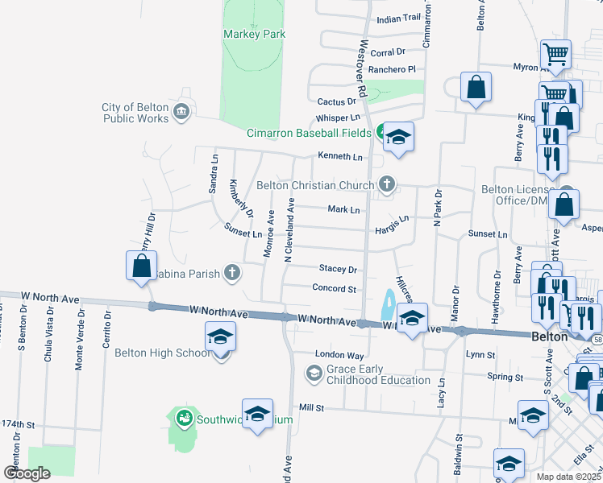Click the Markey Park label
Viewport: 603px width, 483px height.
coord(254,34)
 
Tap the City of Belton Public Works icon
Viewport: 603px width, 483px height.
coord(181,110)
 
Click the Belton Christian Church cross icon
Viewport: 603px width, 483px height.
coord(387,184)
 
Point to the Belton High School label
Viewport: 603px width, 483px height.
coord(162,353)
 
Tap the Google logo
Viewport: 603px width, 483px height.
coord(27,473)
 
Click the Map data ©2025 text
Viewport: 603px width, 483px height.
coord(568,477)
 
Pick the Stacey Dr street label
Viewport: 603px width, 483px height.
coord(337,269)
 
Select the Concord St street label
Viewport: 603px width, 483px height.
coord(334,288)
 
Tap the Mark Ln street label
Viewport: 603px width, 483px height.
coord(343,209)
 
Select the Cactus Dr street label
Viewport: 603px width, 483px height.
coord(336,102)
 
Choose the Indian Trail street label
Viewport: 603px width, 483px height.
coord(398,18)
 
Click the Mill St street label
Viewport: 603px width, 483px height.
coord(310,409)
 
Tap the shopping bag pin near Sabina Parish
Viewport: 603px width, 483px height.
coord(141,265)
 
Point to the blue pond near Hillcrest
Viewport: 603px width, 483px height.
coord(388,305)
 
